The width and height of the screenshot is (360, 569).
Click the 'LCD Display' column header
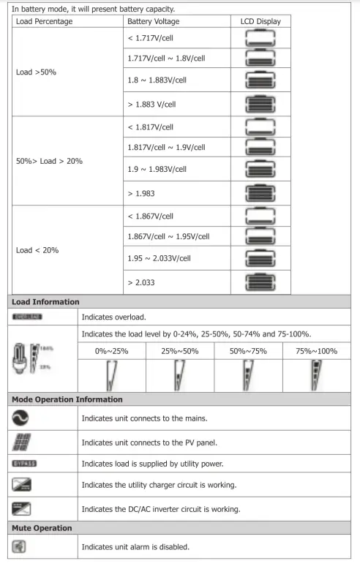260,22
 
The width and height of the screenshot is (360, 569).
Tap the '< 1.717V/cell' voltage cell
151,37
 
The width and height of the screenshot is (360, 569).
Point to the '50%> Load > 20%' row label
48,160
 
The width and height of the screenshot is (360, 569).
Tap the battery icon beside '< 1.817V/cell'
260,127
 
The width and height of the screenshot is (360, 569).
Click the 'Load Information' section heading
46,301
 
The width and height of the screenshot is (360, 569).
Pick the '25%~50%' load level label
180,351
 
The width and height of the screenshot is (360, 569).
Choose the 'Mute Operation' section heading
42,527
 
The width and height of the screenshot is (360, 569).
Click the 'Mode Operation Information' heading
67,399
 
